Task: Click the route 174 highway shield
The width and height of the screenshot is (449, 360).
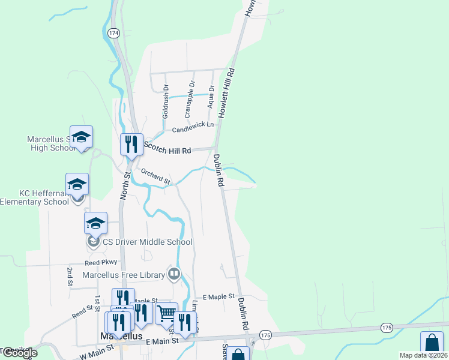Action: coord(113,32)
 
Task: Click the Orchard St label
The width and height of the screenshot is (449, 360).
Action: coord(155,176)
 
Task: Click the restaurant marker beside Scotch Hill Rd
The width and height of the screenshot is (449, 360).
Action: coord(131,145)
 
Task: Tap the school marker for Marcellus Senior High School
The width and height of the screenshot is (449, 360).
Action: coord(81,137)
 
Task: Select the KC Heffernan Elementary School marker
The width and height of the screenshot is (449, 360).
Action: coord(77,185)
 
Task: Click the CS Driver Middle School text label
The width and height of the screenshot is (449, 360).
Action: coord(147,242)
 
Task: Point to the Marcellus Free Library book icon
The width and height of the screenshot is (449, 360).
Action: coord(174,275)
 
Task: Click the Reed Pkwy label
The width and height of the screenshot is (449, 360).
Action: coord(100,263)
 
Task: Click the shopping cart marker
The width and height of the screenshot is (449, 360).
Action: coord(166,313)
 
